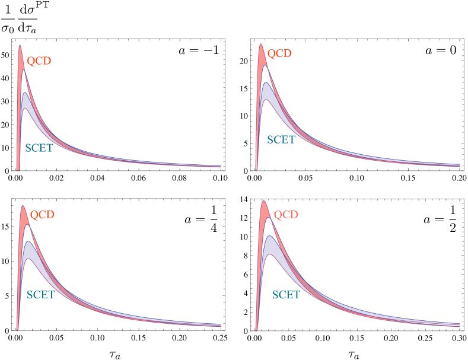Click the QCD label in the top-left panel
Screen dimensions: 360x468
click(39, 61)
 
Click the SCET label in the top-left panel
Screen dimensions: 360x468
click(39, 148)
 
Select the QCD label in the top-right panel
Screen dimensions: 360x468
click(279, 53)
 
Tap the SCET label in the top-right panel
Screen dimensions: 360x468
click(281, 140)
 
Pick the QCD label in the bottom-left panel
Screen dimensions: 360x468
click(42, 215)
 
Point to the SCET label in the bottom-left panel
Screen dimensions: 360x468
click(40, 295)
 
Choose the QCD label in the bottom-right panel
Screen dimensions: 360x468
click(286, 215)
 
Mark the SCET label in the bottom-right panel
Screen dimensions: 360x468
click(286, 295)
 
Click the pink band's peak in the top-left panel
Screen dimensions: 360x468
click(20, 46)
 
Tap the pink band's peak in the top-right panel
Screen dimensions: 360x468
click(260, 45)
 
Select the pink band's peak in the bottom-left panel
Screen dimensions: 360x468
click(23, 207)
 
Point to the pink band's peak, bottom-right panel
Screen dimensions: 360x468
click(264, 202)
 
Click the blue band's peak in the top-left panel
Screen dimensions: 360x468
click(25, 94)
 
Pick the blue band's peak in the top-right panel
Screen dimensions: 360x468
click(266, 84)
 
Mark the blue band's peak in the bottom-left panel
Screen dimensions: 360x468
click(28, 242)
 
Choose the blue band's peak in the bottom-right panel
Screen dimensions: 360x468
click(270, 237)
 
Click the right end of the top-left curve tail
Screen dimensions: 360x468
click(220, 167)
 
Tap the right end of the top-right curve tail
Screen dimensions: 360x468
click(460, 165)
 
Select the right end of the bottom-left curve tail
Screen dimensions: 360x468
click(220, 325)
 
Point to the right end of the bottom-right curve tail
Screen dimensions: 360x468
click(460, 324)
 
